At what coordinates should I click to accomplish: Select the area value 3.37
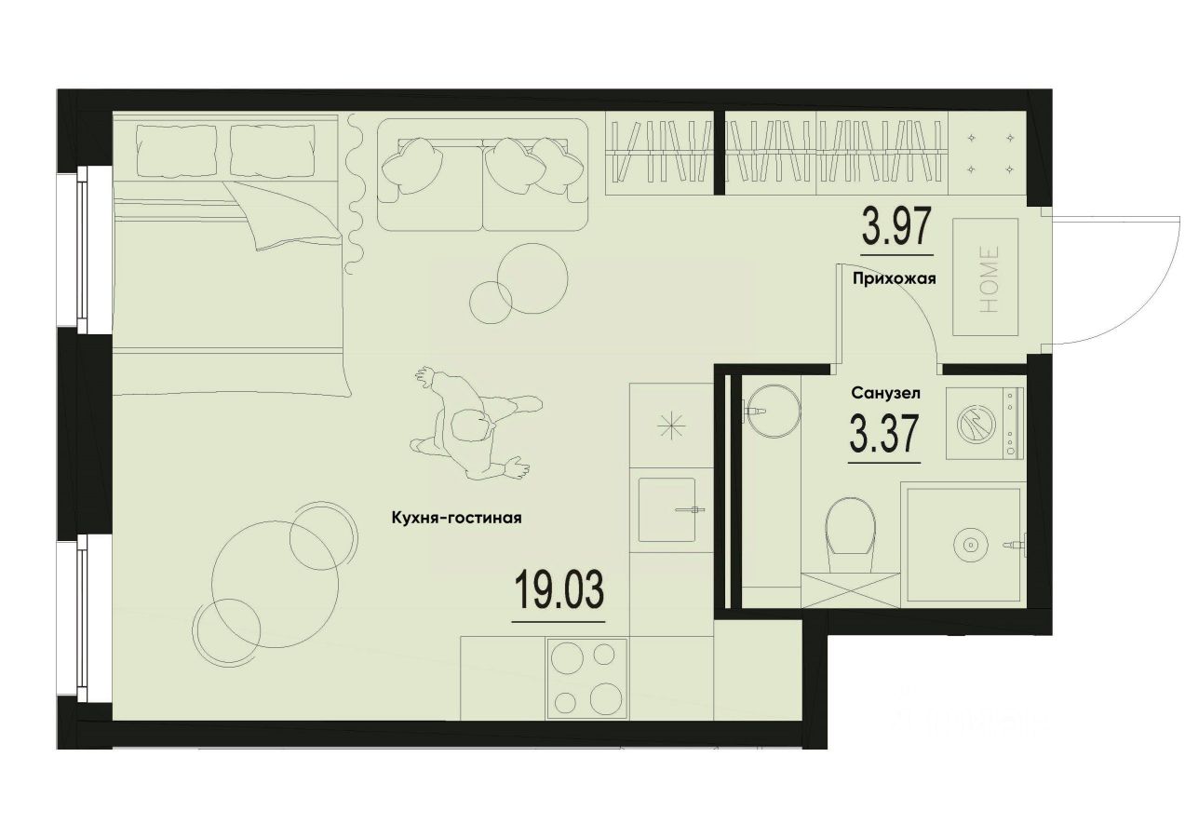(x=884, y=434)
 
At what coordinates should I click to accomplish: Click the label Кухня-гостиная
(x=456, y=520)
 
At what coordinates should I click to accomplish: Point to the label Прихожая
(x=894, y=277)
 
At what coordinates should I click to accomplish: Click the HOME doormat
(x=985, y=277)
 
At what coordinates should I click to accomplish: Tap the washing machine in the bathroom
(x=984, y=424)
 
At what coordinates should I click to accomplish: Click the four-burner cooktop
(x=586, y=677)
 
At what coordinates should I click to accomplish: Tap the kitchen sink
(x=667, y=509)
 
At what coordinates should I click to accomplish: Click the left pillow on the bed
(x=176, y=152)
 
